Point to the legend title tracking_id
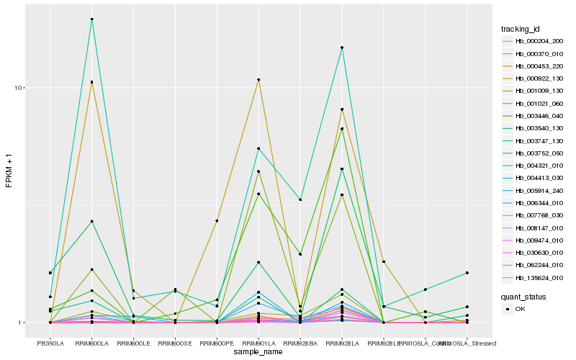click(x=521, y=29)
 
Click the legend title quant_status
click(x=523, y=296)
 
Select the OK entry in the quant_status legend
click(x=520, y=308)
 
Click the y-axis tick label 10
click(x=21, y=88)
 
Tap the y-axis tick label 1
click(x=23, y=323)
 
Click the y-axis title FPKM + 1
click(x=9, y=171)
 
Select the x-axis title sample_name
click(x=258, y=352)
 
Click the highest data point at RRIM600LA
click(x=92, y=19)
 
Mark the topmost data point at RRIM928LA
click(x=342, y=48)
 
